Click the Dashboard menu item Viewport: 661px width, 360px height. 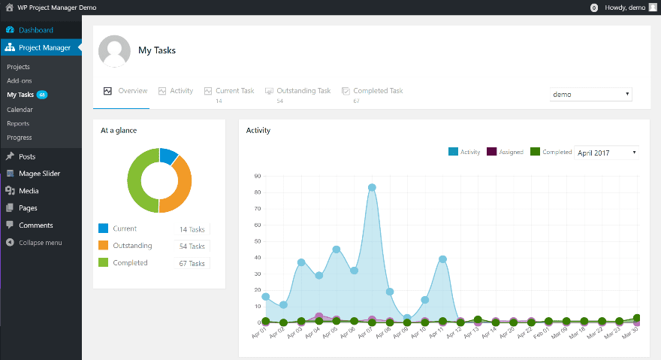35,30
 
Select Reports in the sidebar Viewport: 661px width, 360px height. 18,123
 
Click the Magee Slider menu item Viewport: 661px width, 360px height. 39,174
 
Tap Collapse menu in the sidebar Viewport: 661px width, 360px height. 41,243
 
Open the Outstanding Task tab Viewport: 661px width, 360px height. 303,91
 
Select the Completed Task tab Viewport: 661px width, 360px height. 378,91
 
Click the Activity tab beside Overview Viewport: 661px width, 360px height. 181,91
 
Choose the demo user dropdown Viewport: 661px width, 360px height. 591,95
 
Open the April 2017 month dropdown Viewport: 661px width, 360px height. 606,153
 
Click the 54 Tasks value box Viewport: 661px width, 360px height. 192,247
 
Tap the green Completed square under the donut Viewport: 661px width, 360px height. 104,263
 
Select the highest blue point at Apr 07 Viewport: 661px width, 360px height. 372,188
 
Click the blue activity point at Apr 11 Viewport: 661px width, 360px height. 443,259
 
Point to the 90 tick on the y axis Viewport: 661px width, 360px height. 258,177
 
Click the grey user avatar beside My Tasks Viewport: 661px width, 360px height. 114,51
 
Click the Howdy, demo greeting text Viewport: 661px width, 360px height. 624,7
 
